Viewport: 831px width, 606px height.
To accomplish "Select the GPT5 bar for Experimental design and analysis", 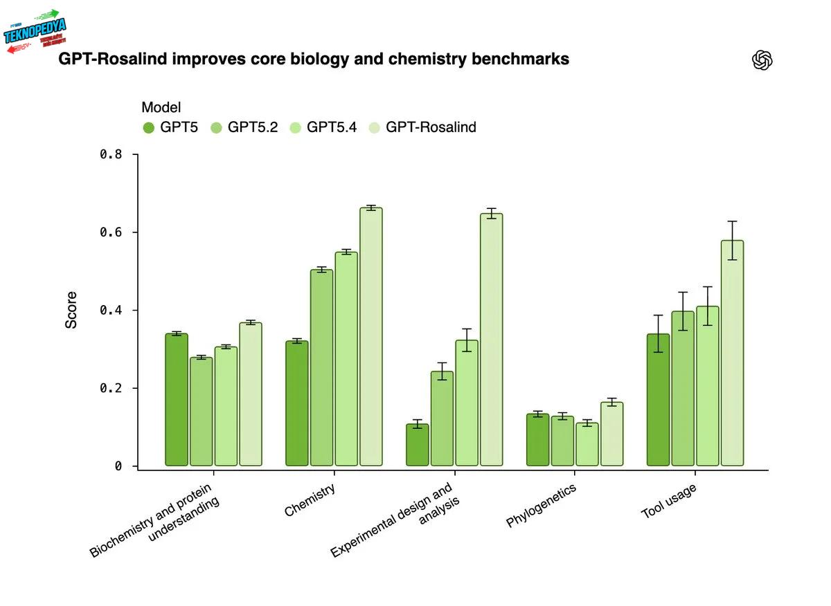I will click(418, 445).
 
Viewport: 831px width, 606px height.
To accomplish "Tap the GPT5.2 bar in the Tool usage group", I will click(683, 388).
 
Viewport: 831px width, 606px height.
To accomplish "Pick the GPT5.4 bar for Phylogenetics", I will click(587, 444).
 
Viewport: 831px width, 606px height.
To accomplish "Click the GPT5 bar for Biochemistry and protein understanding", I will click(177, 399).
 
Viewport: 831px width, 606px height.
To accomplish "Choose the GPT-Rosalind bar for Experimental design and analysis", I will click(492, 339).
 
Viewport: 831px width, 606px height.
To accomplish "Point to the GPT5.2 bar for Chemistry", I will click(321, 367).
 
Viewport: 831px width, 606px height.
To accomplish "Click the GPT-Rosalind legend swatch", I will click(374, 127).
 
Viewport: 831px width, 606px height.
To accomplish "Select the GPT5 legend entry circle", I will click(149, 127).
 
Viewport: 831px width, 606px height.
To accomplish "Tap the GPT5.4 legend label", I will click(332, 127).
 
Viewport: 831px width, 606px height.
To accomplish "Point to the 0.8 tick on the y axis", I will click(111, 154).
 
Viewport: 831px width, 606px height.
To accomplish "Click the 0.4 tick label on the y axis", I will click(111, 310).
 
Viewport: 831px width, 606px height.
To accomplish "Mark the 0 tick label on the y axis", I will click(118, 466).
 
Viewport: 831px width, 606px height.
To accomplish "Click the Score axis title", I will click(71, 310).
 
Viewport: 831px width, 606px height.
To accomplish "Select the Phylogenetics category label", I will click(542, 506).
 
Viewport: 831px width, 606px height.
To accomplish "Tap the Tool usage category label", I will click(669, 501).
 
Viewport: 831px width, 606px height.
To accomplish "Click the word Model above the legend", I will click(161, 107).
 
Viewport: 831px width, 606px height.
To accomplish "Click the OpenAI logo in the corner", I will click(762, 61).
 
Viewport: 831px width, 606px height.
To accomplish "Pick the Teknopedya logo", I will click(35, 31).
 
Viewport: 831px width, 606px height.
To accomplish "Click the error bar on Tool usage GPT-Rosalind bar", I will click(732, 240).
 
